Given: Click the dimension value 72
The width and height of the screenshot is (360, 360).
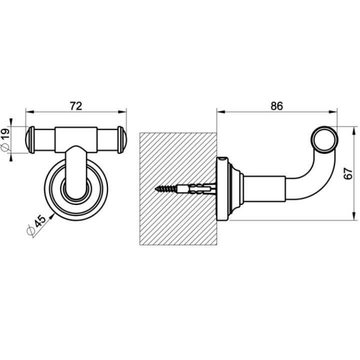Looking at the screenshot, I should (75, 105).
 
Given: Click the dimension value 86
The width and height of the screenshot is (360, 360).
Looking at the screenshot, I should (276, 105).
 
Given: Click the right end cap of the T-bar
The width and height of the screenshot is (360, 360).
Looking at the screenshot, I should (122, 140).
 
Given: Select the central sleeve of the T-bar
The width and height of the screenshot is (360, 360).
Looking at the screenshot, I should (76, 139).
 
